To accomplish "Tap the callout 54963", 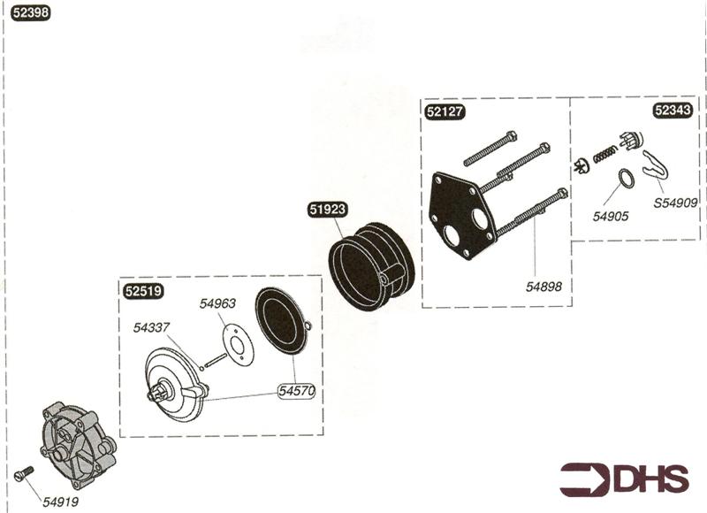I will (x=217, y=303).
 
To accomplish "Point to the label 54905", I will (x=611, y=216).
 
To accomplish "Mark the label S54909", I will (x=675, y=203).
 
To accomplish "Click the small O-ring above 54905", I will (x=624, y=180).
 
